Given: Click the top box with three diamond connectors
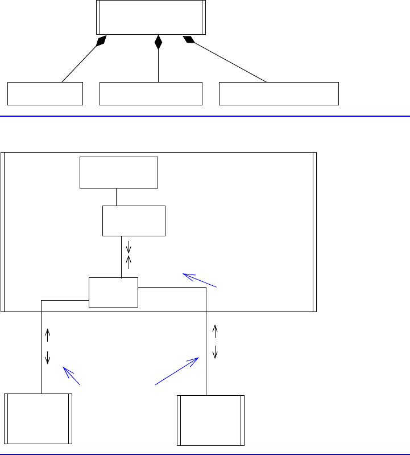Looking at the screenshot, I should pyautogui.click(x=151, y=17).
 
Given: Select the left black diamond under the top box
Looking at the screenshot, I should pyautogui.click(x=101, y=40).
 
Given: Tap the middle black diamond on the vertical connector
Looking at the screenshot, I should pyautogui.click(x=158, y=42).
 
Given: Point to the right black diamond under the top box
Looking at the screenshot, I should pyautogui.click(x=188, y=39).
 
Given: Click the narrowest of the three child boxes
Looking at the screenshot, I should pyautogui.click(x=45, y=93).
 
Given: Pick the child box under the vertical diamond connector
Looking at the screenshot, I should pyautogui.click(x=151, y=93).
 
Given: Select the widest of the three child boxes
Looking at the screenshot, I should pyautogui.click(x=279, y=93).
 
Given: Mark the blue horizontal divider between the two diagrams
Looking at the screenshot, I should pyautogui.click(x=205, y=116).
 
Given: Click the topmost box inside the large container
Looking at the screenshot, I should pyautogui.click(x=118, y=173).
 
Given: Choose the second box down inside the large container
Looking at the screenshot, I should pyautogui.click(x=134, y=221).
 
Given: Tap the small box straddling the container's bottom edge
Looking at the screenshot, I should pyautogui.click(x=114, y=292).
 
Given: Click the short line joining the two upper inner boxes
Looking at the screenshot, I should pyautogui.click(x=116, y=197).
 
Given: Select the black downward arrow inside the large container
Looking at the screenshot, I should pyautogui.click(x=129, y=247).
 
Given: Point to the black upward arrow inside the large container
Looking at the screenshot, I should pyautogui.click(x=129, y=261).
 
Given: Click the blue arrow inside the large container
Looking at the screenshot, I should pyautogui.click(x=199, y=280).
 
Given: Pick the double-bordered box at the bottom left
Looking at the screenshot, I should pyautogui.click(x=38, y=418).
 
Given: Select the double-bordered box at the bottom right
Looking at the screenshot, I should pyautogui.click(x=211, y=420).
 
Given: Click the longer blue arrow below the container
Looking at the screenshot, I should pyautogui.click(x=177, y=371).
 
